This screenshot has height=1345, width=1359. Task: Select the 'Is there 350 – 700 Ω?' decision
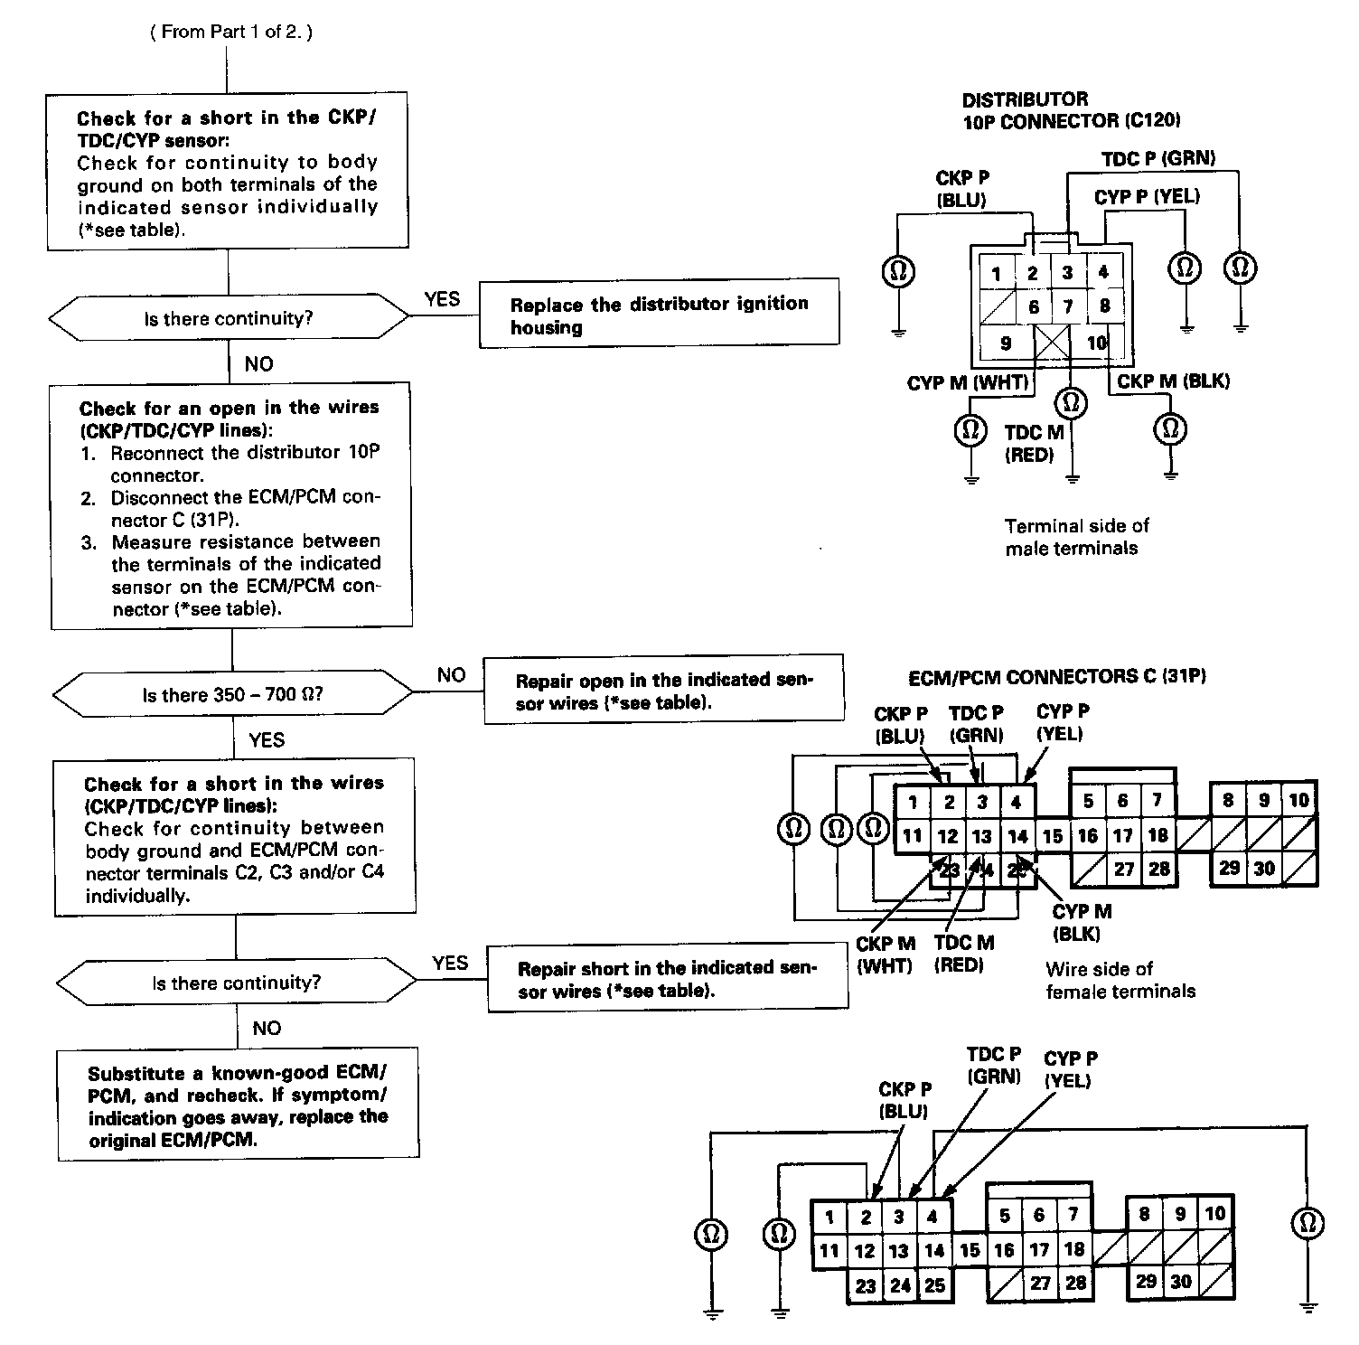(232, 695)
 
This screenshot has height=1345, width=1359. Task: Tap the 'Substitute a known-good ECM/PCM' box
(239, 1105)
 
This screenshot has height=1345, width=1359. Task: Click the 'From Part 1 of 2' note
(231, 33)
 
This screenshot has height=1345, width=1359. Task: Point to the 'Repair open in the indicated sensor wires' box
(663, 691)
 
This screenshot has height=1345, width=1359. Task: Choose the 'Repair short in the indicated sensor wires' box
(667, 979)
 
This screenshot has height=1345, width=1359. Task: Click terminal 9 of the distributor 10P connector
(1006, 343)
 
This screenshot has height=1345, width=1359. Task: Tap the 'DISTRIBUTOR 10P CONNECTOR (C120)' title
(1070, 109)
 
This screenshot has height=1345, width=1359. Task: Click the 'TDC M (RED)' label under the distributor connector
(1033, 444)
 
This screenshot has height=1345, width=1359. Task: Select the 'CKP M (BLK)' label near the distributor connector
(1173, 381)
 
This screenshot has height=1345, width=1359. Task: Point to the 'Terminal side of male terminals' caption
(1075, 537)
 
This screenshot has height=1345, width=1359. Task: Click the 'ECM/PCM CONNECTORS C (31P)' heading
(1057, 677)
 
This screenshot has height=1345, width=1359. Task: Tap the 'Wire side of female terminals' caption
(1120, 980)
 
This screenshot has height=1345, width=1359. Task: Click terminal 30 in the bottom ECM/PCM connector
(1181, 1281)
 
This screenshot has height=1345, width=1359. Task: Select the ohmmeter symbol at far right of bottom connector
(1307, 1223)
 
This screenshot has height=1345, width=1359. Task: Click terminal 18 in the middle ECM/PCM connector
(1157, 835)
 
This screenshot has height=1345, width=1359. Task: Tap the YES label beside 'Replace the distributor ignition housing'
(442, 299)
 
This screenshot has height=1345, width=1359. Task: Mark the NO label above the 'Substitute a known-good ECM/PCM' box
(267, 1028)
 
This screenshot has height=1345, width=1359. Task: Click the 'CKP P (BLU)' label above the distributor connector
(961, 188)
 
